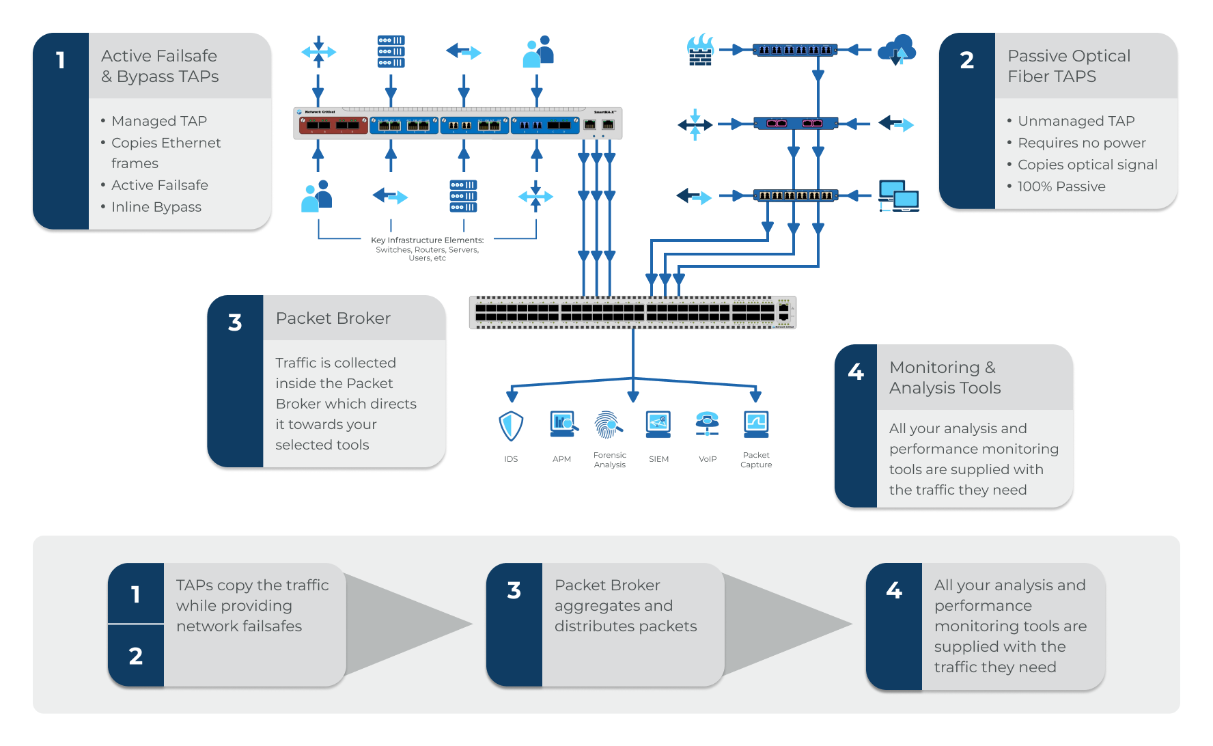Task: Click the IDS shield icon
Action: click(x=511, y=426)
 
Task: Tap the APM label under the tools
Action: click(x=561, y=459)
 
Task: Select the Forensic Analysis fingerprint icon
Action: click(x=609, y=425)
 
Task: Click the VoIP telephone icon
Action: click(x=708, y=424)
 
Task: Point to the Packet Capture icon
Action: click(x=756, y=424)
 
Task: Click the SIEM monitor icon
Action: click(x=658, y=424)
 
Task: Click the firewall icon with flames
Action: click(x=700, y=50)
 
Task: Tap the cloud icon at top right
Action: click(x=897, y=49)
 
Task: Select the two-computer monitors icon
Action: click(x=898, y=196)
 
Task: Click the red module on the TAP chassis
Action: click(x=333, y=125)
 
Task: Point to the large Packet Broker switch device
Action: click(x=632, y=313)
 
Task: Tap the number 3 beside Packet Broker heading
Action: click(x=235, y=322)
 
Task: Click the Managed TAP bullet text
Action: click(x=158, y=121)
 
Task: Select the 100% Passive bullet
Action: click(x=1061, y=186)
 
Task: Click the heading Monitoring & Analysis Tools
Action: click(x=945, y=377)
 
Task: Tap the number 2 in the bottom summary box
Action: click(x=136, y=656)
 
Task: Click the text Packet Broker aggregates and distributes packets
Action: click(x=625, y=605)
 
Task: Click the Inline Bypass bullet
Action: click(x=156, y=207)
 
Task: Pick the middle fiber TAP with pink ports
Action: click(x=795, y=124)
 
